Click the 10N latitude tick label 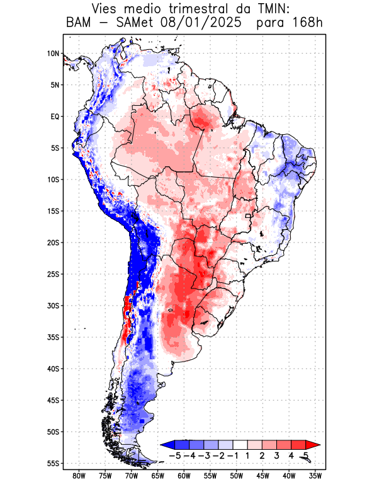point(53,54)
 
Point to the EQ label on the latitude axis point(54,117)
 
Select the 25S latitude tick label point(52,274)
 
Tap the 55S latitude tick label point(52,463)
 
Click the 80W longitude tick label point(79,476)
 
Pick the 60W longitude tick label point(184,476)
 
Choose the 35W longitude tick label point(315,476)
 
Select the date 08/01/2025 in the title point(201,23)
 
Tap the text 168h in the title point(308,23)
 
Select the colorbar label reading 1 point(248,455)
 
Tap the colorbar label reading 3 point(277,455)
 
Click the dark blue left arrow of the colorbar point(167,444)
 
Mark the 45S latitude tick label point(52,400)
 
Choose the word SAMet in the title point(131,23)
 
